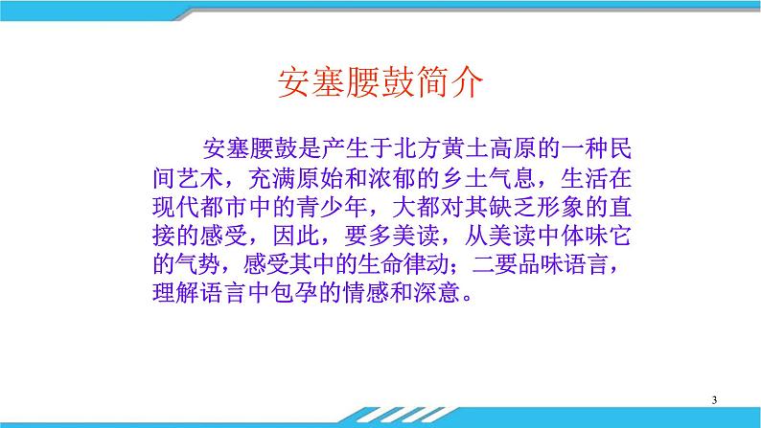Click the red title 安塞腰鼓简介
(380, 84)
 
